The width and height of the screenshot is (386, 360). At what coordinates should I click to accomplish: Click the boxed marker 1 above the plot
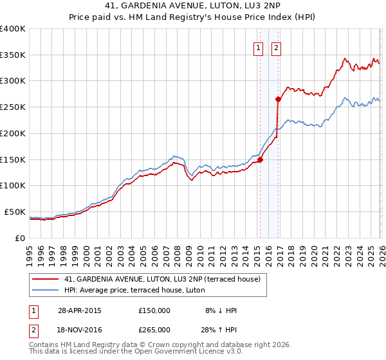259,47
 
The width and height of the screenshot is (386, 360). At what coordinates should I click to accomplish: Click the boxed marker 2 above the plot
277,47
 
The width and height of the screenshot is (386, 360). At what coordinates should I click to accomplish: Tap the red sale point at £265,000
277,99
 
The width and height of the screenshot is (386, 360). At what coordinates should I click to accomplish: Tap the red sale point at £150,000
260,159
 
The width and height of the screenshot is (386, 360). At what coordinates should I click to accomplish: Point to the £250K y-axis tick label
13,107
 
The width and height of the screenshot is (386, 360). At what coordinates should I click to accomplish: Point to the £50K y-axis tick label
15,212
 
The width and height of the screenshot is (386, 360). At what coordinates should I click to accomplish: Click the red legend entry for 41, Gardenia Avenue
161,279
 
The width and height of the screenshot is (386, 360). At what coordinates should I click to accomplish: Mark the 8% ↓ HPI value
221,310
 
